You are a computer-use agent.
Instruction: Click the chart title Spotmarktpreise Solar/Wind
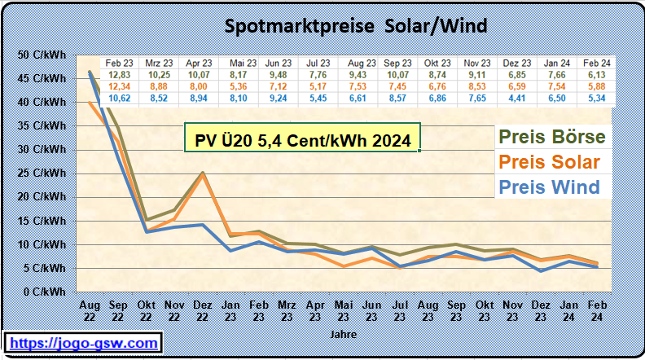pos(356,26)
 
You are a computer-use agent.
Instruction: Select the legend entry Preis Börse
pos(551,136)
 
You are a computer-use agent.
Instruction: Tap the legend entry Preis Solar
pos(550,161)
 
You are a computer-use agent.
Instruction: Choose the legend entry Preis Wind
pos(550,187)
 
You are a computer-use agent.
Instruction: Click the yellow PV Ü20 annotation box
pos(301,139)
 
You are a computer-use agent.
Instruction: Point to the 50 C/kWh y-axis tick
pos(42,55)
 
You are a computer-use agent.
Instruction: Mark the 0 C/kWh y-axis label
pos(44,291)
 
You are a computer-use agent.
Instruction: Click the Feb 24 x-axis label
pos(595,310)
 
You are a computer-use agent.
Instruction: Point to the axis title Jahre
pos(342,334)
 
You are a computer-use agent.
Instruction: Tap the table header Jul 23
pos(318,63)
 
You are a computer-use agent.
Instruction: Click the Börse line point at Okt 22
pos(147,219)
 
